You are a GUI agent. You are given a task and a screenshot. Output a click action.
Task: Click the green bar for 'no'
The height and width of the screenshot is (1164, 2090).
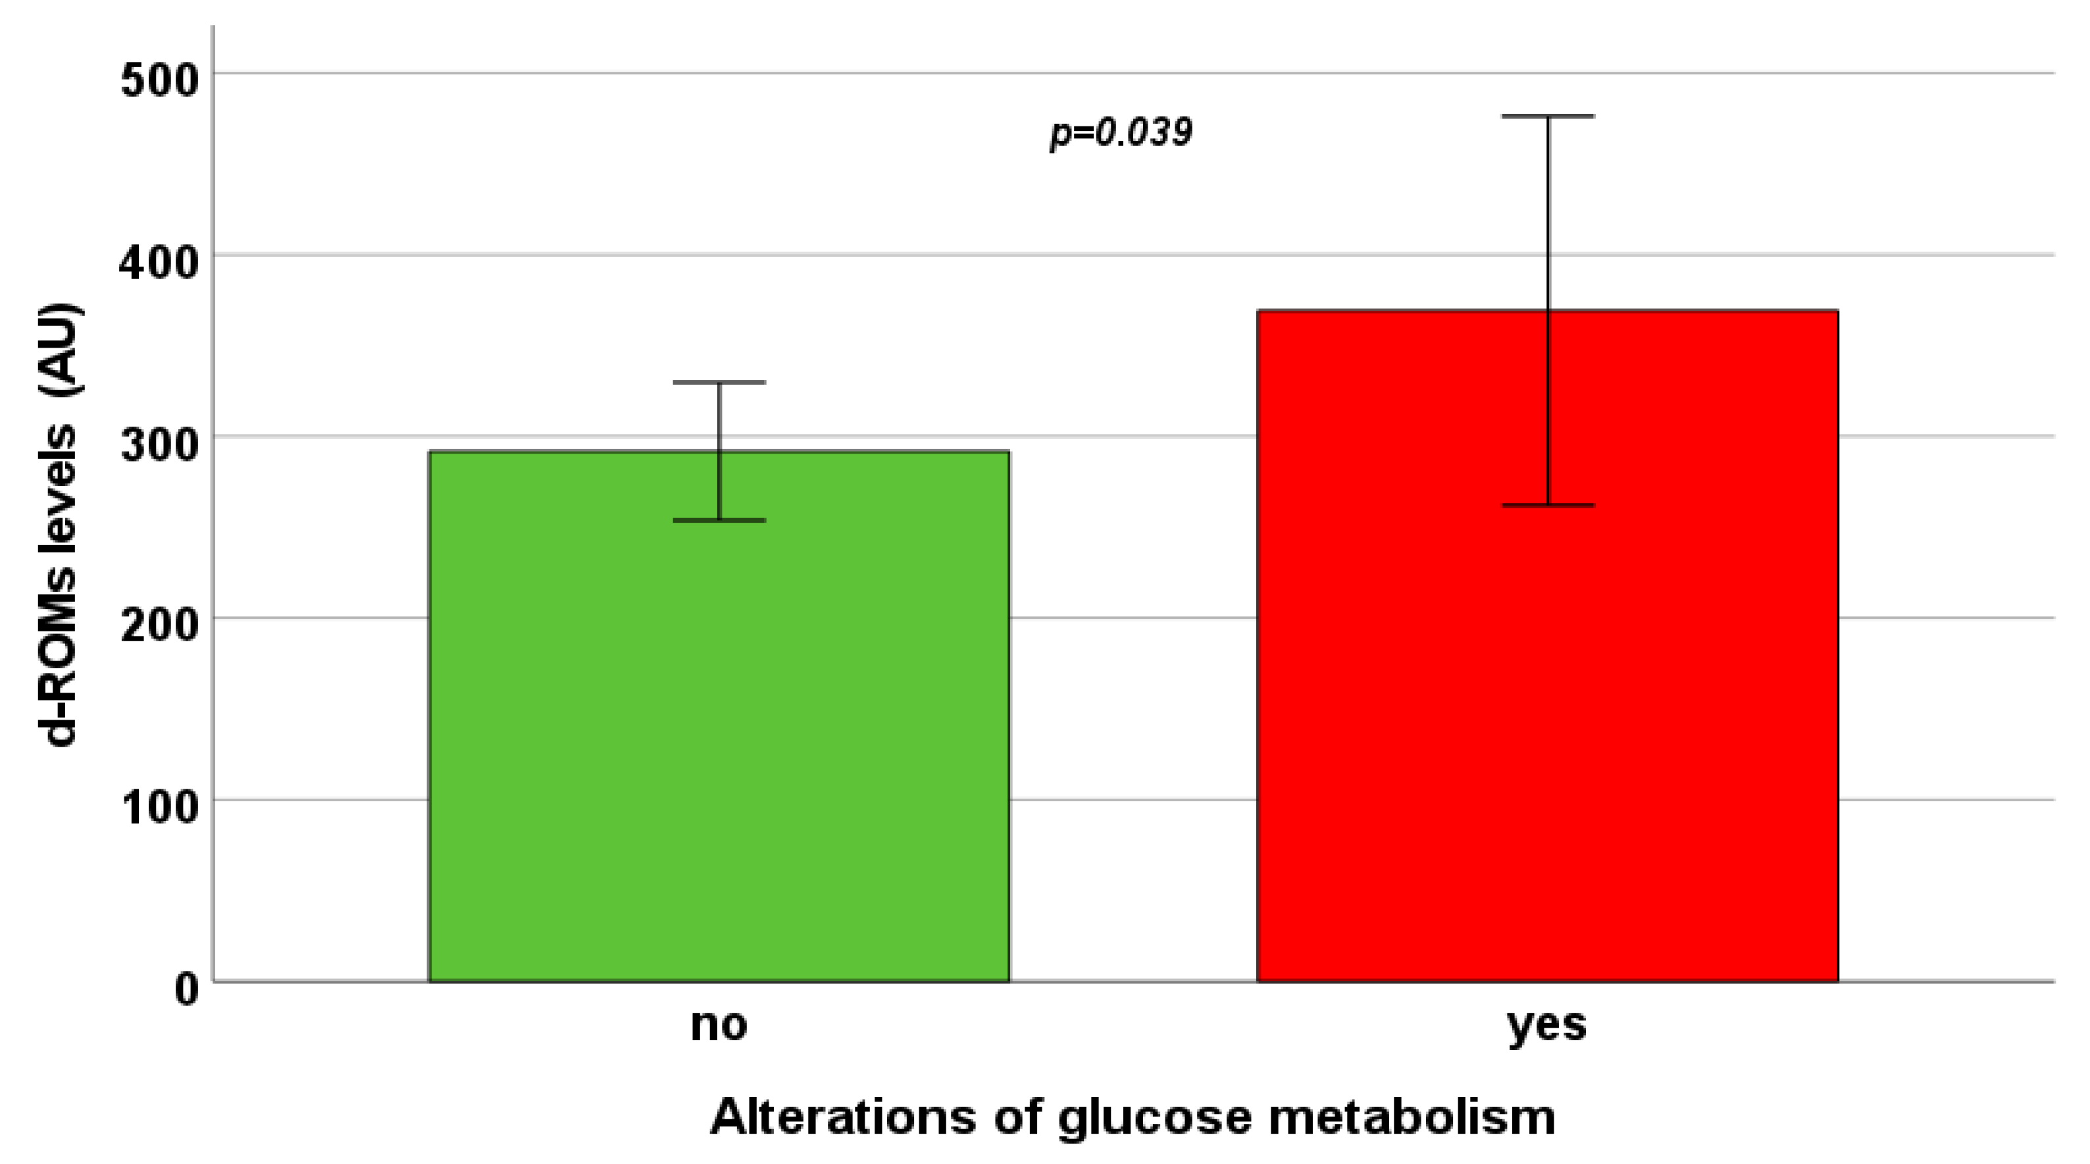(x=719, y=731)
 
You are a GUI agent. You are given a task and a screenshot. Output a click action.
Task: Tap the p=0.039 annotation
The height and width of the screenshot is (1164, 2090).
(x=1121, y=132)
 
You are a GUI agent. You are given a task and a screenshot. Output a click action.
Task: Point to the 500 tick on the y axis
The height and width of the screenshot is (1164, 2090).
(x=160, y=81)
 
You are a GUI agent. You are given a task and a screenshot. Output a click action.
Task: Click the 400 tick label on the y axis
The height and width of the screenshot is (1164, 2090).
(x=160, y=263)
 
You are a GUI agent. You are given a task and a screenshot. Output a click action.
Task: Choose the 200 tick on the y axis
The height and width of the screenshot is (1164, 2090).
(x=160, y=626)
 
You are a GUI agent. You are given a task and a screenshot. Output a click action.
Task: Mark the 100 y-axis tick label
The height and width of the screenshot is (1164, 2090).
(x=160, y=808)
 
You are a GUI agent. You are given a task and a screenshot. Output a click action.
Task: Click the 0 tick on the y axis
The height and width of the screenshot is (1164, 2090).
(x=187, y=990)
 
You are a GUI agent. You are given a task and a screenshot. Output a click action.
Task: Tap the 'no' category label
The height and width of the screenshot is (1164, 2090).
(x=719, y=1024)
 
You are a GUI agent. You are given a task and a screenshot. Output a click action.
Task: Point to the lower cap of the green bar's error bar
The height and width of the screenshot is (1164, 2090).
(x=719, y=519)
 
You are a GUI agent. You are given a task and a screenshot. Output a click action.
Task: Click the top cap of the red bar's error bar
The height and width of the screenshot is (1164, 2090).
(x=1548, y=116)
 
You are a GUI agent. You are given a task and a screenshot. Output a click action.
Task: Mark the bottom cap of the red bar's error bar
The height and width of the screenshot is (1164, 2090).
(x=1548, y=505)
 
